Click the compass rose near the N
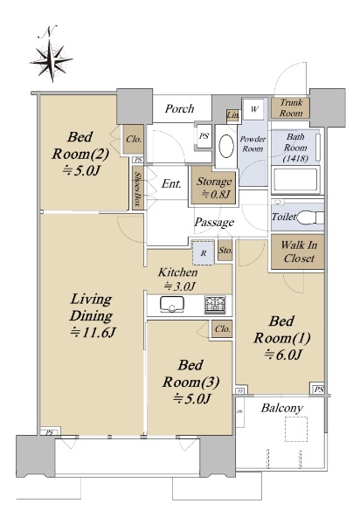[x=52, y=61]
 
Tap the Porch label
[x=179, y=108]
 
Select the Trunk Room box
[x=290, y=107]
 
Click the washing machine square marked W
[x=254, y=109]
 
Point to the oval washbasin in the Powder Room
[x=226, y=146]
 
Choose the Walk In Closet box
[x=298, y=252]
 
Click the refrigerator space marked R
[x=204, y=253]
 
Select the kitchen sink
[x=172, y=305]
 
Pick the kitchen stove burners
[x=215, y=305]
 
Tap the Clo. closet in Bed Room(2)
[x=134, y=140]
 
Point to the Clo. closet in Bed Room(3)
[x=222, y=329]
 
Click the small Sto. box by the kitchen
[x=225, y=251]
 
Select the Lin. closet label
[x=232, y=115]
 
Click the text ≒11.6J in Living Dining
[x=93, y=333]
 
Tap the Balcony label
[x=282, y=409]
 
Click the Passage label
[x=214, y=223]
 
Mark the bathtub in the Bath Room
[x=294, y=179]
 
